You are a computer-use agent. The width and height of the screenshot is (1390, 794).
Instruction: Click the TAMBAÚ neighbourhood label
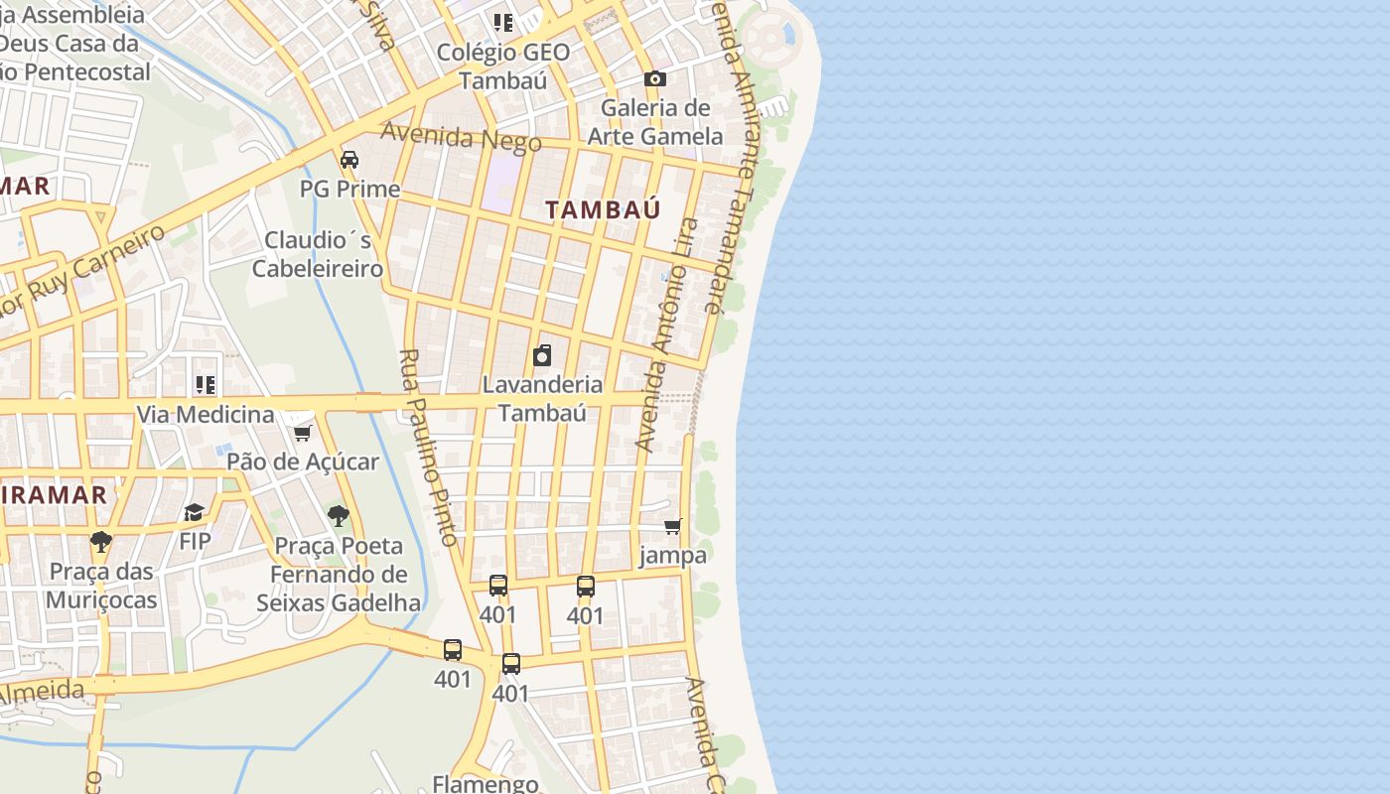pyautogui.click(x=603, y=209)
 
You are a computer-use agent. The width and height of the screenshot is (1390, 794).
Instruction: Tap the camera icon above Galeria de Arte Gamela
pyautogui.click(x=654, y=78)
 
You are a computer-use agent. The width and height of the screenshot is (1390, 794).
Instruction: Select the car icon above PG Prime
pyautogui.click(x=349, y=159)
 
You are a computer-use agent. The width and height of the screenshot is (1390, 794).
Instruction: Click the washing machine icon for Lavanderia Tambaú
pyautogui.click(x=542, y=355)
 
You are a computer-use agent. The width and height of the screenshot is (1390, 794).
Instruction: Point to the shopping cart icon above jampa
pyautogui.click(x=673, y=526)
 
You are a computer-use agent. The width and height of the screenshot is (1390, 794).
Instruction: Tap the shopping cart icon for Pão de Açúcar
pyautogui.click(x=303, y=433)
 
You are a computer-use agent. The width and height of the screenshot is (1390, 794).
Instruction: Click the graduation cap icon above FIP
pyautogui.click(x=194, y=512)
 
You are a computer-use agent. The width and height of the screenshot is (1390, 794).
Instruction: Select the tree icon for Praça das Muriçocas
pyautogui.click(x=100, y=541)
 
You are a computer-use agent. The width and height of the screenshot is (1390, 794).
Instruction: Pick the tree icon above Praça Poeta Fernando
pyautogui.click(x=339, y=516)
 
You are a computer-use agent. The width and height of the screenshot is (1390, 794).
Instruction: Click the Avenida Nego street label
pyautogui.click(x=461, y=137)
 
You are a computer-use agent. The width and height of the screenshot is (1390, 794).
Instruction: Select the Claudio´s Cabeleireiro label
pyautogui.click(x=318, y=254)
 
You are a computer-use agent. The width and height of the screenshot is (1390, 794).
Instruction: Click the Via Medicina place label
pyautogui.click(x=205, y=414)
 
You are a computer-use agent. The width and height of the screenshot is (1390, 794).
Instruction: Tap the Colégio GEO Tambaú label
pyautogui.click(x=503, y=66)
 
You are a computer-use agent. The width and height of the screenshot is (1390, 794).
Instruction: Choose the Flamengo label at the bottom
pyautogui.click(x=486, y=783)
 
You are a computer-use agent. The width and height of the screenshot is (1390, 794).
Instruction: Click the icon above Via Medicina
pyautogui.click(x=205, y=384)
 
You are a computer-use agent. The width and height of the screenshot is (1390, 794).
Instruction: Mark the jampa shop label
pyautogui.click(x=672, y=555)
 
